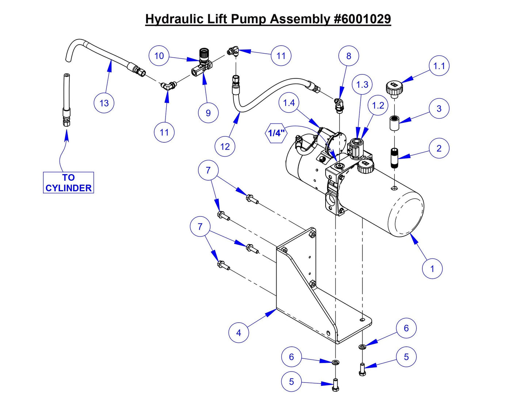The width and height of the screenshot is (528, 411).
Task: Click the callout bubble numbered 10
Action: click(x=159, y=56)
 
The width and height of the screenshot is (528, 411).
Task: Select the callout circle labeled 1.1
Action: click(x=438, y=66)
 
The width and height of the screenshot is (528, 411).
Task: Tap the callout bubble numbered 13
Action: click(x=104, y=103)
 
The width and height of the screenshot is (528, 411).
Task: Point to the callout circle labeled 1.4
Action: click(x=289, y=103)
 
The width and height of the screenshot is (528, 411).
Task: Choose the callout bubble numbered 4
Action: click(x=239, y=333)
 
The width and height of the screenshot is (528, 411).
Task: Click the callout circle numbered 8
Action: click(x=348, y=56)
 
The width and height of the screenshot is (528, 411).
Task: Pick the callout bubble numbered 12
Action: click(x=225, y=147)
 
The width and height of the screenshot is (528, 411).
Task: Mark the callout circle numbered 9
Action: click(x=208, y=113)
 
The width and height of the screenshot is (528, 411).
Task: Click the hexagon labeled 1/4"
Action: click(x=276, y=133)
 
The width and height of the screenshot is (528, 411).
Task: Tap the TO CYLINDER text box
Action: click(x=68, y=183)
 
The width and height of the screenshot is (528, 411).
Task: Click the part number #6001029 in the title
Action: click(x=362, y=19)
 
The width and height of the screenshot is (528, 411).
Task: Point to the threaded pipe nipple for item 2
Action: click(x=394, y=158)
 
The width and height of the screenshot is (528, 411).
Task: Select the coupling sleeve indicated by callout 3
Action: click(x=394, y=123)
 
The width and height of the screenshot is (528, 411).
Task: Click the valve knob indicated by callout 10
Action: click(x=203, y=55)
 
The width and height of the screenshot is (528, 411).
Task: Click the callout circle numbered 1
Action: click(x=432, y=269)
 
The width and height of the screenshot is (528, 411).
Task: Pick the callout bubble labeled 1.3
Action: click(x=362, y=85)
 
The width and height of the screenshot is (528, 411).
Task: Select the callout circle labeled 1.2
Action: click(x=378, y=106)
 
